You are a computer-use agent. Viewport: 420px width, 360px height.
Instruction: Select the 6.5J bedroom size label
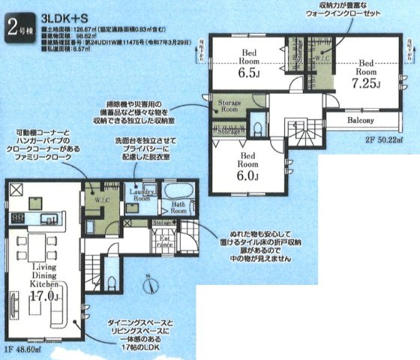point(250,75)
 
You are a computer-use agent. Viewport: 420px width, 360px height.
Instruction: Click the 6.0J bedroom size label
point(248,175)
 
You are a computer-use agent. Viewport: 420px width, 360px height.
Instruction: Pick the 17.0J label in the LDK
point(44,296)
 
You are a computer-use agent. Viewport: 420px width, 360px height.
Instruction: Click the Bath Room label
point(178,208)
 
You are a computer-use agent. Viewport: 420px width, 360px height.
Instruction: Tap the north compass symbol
point(150,286)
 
